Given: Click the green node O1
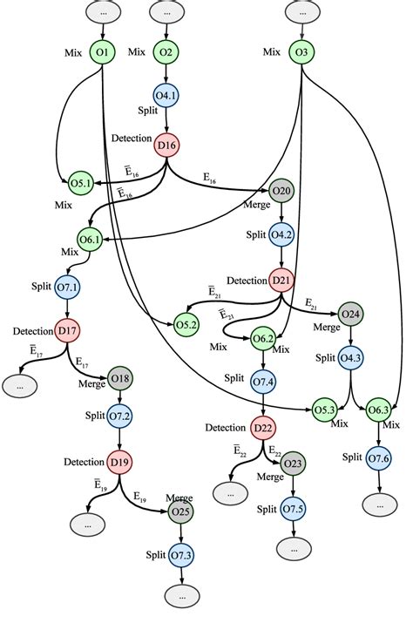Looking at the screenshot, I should click(x=103, y=53).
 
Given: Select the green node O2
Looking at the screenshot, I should click(x=166, y=53).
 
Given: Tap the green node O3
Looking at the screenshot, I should click(x=301, y=53).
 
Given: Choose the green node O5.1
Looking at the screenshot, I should click(x=81, y=182).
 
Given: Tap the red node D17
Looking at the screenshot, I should click(x=68, y=331).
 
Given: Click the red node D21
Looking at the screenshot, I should click(x=281, y=281).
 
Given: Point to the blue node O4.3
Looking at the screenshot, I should click(x=351, y=358).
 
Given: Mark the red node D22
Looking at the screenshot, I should click(x=263, y=428).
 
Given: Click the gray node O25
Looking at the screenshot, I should click(x=180, y=510).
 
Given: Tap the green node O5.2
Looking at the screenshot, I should click(x=187, y=324).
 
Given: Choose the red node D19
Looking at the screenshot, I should click(x=119, y=461).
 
